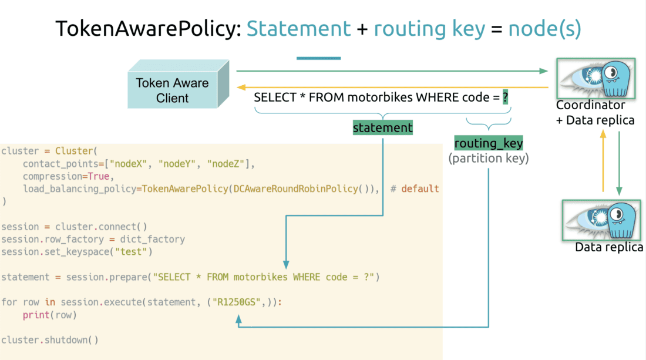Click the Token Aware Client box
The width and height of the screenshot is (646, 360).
pos(172,90)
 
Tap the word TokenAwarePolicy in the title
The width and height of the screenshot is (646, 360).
pos(147,28)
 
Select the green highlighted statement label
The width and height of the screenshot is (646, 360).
pos(383,127)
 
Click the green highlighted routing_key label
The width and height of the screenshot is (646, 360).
pos(488,143)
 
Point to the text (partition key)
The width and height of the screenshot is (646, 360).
pos(488,158)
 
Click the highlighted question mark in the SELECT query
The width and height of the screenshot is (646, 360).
pos(505,97)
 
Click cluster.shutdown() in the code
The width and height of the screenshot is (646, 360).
pos(50,340)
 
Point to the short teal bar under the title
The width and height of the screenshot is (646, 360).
pos(318,58)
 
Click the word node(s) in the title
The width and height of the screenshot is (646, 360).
pos(544,28)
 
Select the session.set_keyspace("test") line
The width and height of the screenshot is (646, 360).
pos(76,252)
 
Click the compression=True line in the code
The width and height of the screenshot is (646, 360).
pos(66,176)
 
